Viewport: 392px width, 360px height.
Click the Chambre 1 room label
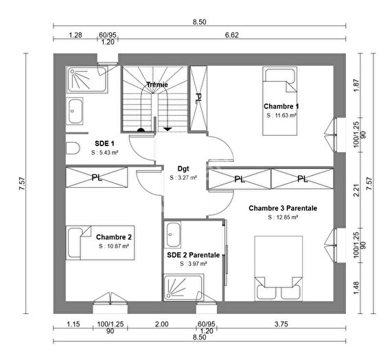coord(281,106)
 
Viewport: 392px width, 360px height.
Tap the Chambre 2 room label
coord(114,237)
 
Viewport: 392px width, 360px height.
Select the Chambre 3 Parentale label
coord(283,208)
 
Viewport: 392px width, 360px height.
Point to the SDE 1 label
coord(104,143)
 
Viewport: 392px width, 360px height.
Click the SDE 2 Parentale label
coord(193,254)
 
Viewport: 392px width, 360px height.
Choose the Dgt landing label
coord(183,167)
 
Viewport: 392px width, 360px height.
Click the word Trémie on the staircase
coord(157,85)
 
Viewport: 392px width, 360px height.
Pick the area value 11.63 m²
coord(281,116)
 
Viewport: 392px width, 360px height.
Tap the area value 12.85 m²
coord(282,217)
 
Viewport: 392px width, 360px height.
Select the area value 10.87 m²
coord(113,245)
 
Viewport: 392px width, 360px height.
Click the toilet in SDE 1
coord(73,147)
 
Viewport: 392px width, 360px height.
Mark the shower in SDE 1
coord(87,80)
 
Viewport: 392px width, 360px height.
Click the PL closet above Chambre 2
coord(96,177)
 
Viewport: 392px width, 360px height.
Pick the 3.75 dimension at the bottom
coord(281,324)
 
